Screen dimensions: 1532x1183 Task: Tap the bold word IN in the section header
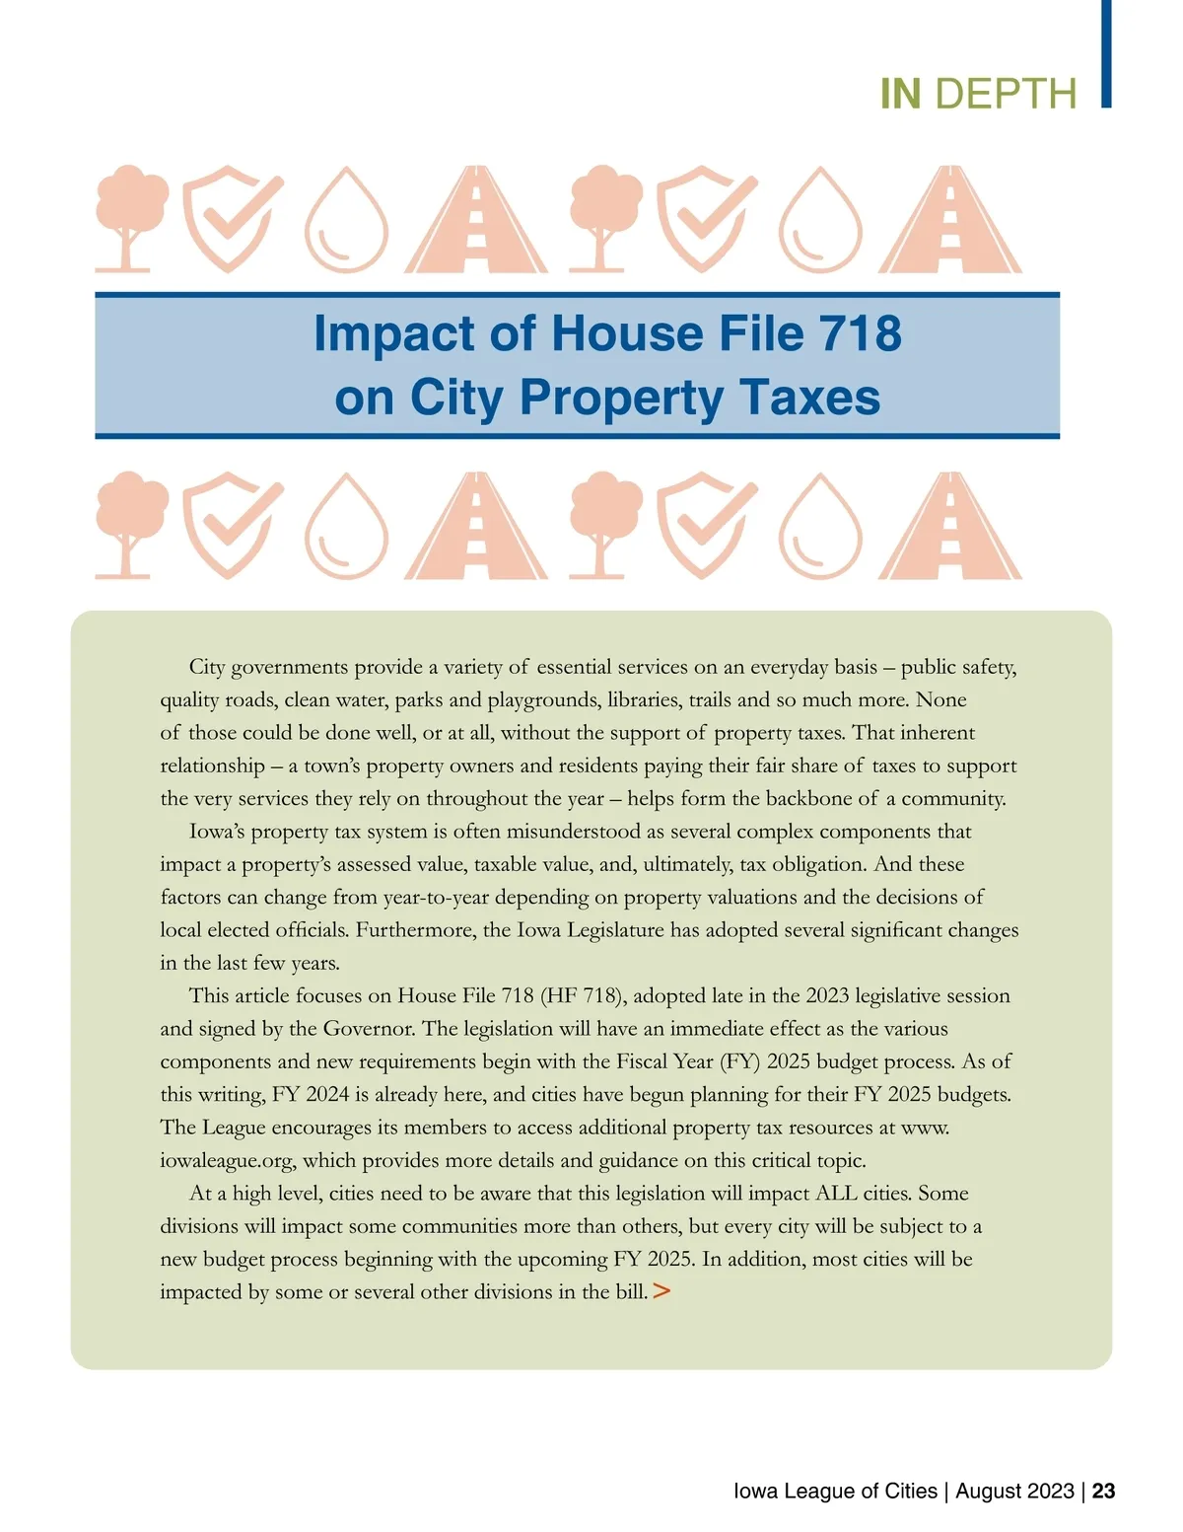point(900,95)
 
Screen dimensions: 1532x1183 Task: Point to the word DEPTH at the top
point(1006,95)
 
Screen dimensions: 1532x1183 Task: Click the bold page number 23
point(1103,1491)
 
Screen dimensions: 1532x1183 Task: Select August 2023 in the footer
point(1014,1491)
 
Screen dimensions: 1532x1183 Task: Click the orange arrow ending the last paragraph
point(661,1290)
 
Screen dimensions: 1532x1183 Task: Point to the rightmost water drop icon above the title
point(820,220)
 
